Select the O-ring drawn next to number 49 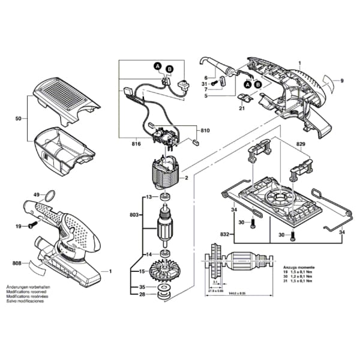pyautogui.click(x=51, y=195)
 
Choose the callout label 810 pyautogui.click(x=205, y=130)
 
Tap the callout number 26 pyautogui.click(x=142, y=294)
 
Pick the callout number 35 pyautogui.click(x=142, y=287)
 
